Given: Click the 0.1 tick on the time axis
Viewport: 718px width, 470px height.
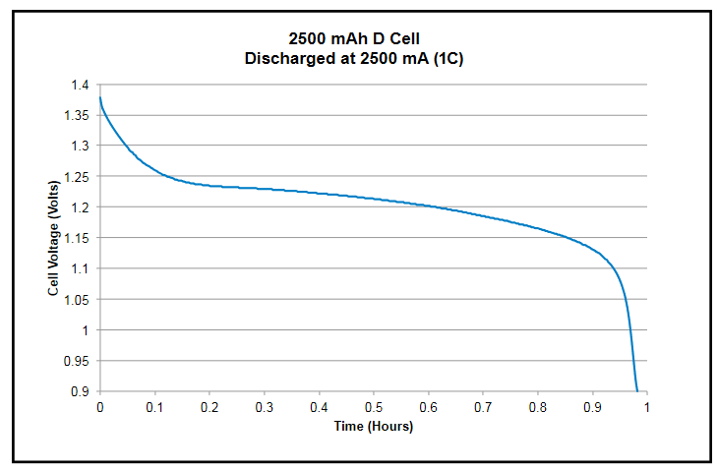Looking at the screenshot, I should (154, 407).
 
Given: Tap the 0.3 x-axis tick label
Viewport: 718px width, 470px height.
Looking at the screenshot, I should (264, 407).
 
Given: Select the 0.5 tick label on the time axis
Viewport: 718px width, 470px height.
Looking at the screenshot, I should (373, 407).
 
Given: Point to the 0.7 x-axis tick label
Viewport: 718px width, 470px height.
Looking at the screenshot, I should (482, 407).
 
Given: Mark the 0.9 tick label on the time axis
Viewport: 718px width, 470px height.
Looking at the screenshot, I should (591, 407).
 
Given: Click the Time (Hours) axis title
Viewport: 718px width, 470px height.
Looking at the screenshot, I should (373, 427).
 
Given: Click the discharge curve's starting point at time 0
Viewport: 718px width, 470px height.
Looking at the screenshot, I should (100, 96).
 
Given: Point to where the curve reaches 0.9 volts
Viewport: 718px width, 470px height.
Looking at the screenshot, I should (637, 391).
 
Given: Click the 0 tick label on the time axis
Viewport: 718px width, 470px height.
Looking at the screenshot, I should (100, 407).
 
